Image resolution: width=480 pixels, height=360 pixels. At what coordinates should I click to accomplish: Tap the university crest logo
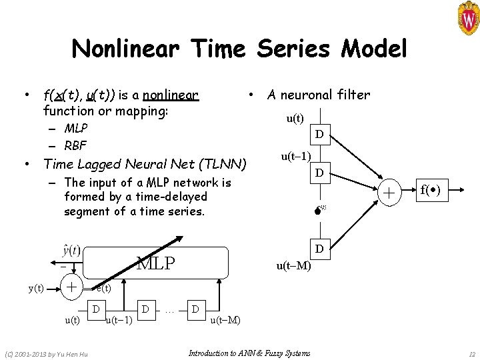click(464, 18)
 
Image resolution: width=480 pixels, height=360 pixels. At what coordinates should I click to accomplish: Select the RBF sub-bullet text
click(76, 145)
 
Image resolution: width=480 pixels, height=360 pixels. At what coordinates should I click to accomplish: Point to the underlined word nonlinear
click(175, 95)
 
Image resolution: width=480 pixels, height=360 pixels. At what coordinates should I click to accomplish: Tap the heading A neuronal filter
click(319, 95)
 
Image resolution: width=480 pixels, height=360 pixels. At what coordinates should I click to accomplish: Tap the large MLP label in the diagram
click(156, 263)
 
